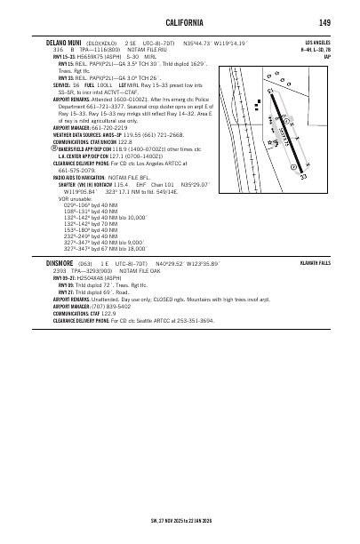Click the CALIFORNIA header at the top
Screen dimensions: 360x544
click(x=180, y=21)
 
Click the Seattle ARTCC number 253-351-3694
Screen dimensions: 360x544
click(x=193, y=344)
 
